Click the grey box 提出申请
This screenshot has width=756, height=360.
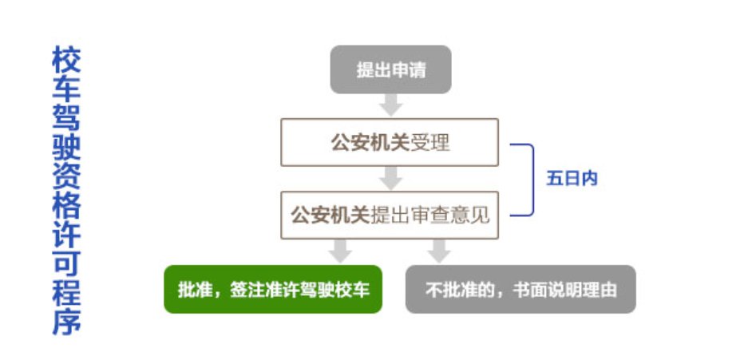click(390, 69)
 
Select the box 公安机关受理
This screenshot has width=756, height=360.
click(390, 143)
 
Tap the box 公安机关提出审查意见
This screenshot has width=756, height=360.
click(390, 215)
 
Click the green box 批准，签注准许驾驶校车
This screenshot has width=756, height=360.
click(272, 289)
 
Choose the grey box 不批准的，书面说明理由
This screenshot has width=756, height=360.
click(520, 289)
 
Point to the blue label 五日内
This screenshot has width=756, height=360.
click(572, 179)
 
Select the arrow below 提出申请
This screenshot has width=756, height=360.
click(390, 105)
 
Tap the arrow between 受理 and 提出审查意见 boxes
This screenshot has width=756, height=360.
click(390, 178)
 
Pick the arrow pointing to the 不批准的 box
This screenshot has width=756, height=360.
click(438, 251)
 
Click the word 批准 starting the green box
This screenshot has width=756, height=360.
click(192, 290)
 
